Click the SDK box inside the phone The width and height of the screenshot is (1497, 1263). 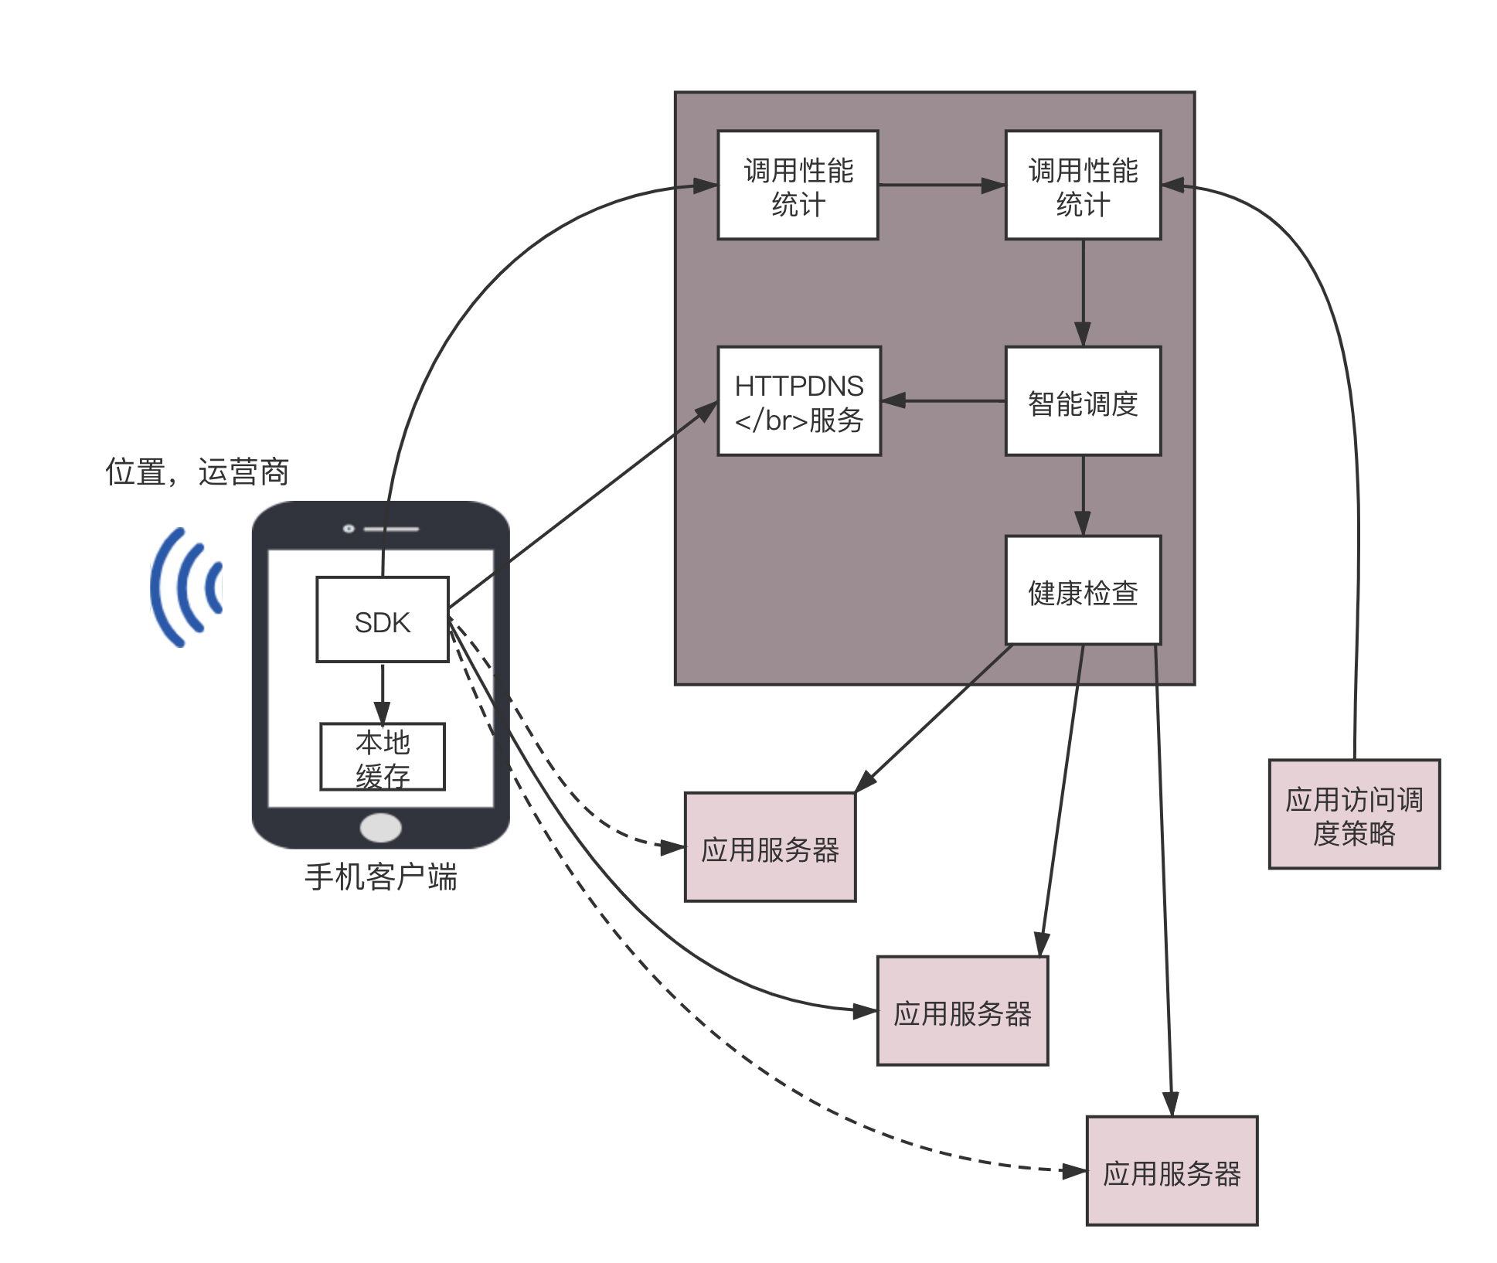pyautogui.click(x=382, y=619)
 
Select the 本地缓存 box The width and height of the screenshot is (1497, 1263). pyautogui.click(x=382, y=756)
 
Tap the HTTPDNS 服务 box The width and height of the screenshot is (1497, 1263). pyautogui.click(x=798, y=401)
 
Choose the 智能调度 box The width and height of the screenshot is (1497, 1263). pyautogui.click(x=1082, y=401)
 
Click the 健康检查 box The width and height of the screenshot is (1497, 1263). pyautogui.click(x=1082, y=591)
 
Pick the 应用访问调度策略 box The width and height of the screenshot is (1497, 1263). pyautogui.click(x=1353, y=814)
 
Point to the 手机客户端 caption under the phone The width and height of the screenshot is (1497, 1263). pyautogui.click(x=381, y=877)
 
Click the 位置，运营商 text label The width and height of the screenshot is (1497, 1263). pyautogui.click(x=197, y=471)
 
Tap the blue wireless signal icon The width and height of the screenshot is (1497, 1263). pyautogui.click(x=185, y=587)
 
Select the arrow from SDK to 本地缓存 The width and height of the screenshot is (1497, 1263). pyautogui.click(x=382, y=692)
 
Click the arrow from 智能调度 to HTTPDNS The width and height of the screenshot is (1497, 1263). pyautogui.click(x=943, y=400)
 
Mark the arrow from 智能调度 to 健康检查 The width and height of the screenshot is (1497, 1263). pyautogui.click(x=1082, y=495)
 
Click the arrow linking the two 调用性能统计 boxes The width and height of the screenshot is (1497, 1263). pyautogui.click(x=941, y=186)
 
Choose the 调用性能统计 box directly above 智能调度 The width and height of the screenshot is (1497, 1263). pyautogui.click(x=1082, y=186)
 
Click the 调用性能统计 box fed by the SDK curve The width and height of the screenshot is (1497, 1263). pyautogui.click(x=798, y=186)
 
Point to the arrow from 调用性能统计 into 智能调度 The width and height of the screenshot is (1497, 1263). pyautogui.click(x=1082, y=292)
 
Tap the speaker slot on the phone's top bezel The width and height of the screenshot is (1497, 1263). pyautogui.click(x=391, y=529)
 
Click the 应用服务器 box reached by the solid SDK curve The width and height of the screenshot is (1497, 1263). pyautogui.click(x=962, y=1011)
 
